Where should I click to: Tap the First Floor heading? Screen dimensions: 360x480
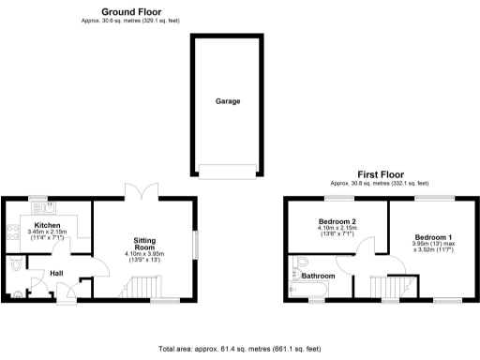pyautogui.click(x=379, y=174)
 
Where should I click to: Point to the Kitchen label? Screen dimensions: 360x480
pyautogui.click(x=47, y=226)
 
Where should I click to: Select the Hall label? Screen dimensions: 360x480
pyautogui.click(x=55, y=274)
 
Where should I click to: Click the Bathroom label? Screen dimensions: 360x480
pyautogui.click(x=317, y=277)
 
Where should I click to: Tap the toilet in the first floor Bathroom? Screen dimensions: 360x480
pyautogui.click(x=297, y=263)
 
